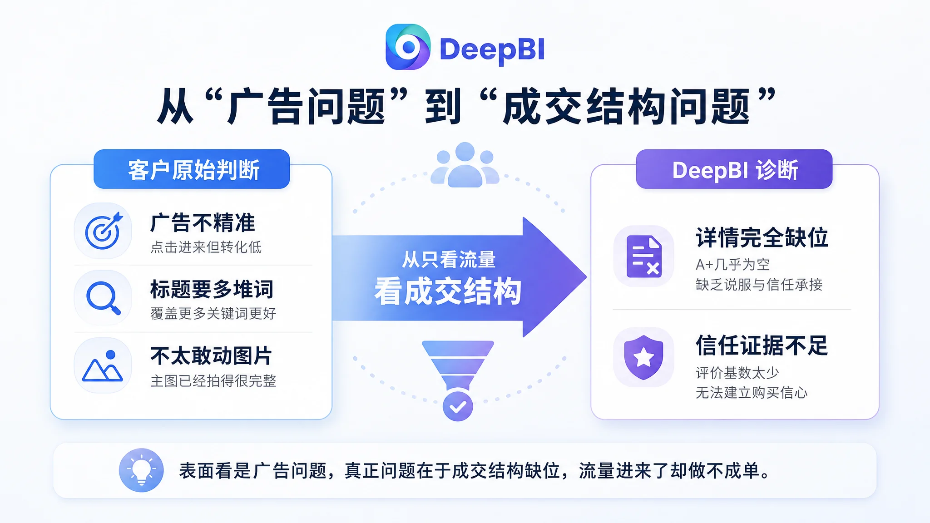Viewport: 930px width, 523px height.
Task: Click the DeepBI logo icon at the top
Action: (x=408, y=47)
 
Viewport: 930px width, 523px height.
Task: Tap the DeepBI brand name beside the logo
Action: (x=492, y=49)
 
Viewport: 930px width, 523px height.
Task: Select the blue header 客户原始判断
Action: (x=192, y=169)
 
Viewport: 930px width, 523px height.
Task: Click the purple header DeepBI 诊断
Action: (x=734, y=169)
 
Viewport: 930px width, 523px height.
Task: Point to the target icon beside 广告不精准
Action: (x=103, y=231)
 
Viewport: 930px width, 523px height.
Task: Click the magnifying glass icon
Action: (x=103, y=298)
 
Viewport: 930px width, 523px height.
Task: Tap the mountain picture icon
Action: (x=103, y=365)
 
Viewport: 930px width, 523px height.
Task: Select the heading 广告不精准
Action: (x=203, y=222)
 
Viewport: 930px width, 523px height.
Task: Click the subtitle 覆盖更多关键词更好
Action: (x=213, y=313)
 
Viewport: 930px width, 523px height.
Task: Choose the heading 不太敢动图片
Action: (x=211, y=355)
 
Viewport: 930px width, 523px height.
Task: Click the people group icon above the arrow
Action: (x=465, y=164)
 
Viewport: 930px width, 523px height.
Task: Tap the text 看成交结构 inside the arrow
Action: (x=448, y=291)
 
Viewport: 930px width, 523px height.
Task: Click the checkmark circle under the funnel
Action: (x=458, y=406)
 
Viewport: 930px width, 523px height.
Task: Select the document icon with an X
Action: (x=644, y=256)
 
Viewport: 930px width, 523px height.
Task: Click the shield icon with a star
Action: (x=643, y=357)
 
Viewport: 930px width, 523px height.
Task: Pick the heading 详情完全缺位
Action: (x=762, y=237)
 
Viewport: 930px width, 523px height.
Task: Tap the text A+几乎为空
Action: (x=733, y=264)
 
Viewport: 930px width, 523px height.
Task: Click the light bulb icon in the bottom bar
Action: (x=141, y=470)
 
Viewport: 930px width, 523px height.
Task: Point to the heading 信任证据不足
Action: (x=762, y=345)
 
